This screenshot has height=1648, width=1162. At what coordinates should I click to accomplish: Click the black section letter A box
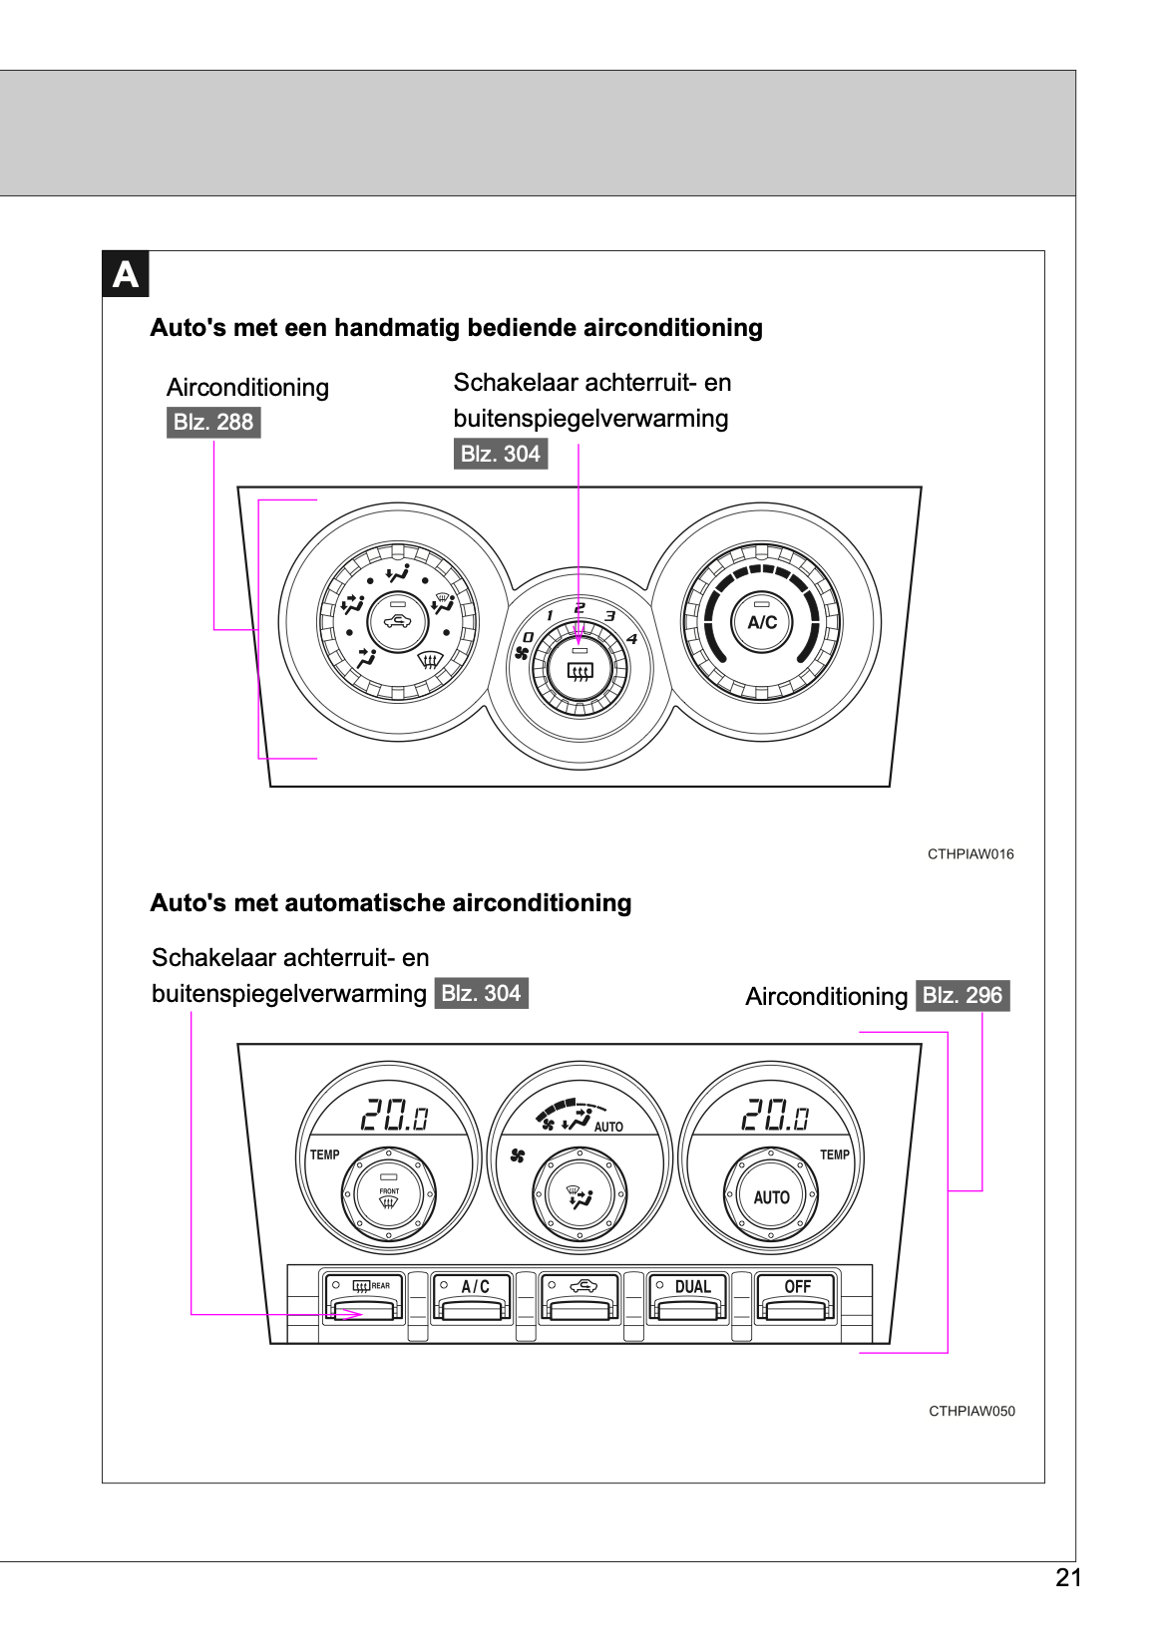pos(126,274)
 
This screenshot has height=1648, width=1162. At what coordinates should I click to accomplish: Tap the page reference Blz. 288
pos(213,422)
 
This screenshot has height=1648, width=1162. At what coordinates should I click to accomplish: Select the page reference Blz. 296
pos(963,995)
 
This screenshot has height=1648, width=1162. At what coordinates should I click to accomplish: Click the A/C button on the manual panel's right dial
pos(762,622)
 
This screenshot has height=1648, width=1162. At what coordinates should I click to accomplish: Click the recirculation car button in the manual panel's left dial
pos(398,622)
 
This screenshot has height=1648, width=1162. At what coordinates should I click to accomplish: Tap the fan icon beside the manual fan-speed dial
pos(521,653)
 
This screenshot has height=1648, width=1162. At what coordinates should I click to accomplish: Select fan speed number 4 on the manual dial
pos(631,639)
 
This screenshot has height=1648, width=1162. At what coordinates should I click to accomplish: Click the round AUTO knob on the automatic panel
pos(771,1196)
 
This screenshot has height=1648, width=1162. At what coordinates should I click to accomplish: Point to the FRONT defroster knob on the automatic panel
pos(389,1195)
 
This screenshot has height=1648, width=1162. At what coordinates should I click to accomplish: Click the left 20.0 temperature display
pos(394,1115)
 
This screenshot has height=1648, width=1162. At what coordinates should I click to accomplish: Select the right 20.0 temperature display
pos(774,1115)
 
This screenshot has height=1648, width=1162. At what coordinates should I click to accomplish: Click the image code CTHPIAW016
pos(970,854)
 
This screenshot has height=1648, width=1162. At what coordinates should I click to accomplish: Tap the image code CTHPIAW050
pos(971,1411)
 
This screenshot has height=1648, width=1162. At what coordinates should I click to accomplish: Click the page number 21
pos(1068,1577)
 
